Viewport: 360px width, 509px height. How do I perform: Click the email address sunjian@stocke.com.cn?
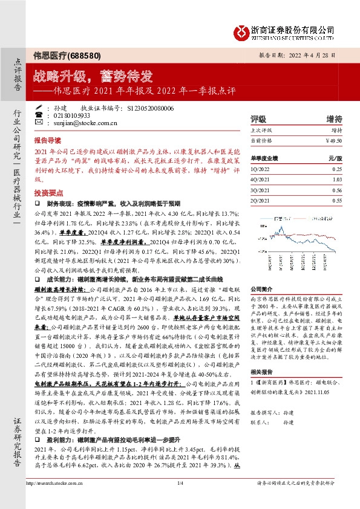tap(75, 122)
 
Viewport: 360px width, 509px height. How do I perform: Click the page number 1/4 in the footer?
tap(180, 499)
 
